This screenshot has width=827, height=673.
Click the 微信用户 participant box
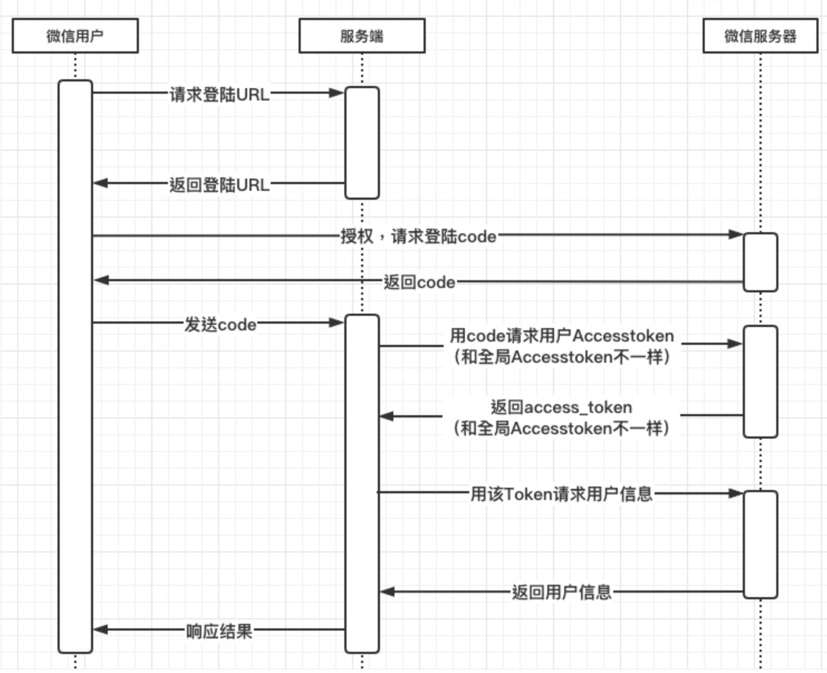click(x=75, y=36)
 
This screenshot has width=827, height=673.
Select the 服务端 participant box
click(x=362, y=36)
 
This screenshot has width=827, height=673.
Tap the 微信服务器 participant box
click(x=760, y=36)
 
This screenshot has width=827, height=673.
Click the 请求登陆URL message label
click(x=220, y=94)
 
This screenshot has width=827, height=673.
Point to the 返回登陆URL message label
click(x=220, y=185)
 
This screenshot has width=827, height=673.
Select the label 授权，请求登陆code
click(x=419, y=236)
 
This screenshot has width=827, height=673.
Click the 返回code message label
click(x=419, y=282)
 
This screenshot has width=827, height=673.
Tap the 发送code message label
click(x=220, y=324)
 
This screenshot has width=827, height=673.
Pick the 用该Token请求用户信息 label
click(x=562, y=494)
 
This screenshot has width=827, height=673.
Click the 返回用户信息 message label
click(x=562, y=592)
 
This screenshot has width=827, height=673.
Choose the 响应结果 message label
click(x=219, y=631)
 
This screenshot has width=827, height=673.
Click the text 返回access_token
click(x=561, y=407)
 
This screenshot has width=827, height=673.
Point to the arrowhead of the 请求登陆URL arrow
click(x=336, y=93)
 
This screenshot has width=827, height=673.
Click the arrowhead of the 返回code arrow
click(x=102, y=280)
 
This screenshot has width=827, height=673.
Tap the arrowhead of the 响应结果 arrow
click(x=100, y=629)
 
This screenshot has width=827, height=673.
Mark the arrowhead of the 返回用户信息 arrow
click(x=387, y=592)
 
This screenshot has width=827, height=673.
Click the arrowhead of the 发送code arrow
click(x=336, y=323)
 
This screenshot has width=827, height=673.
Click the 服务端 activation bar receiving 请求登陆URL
click(x=362, y=142)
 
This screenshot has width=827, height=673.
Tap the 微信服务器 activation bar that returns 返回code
click(x=761, y=262)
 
